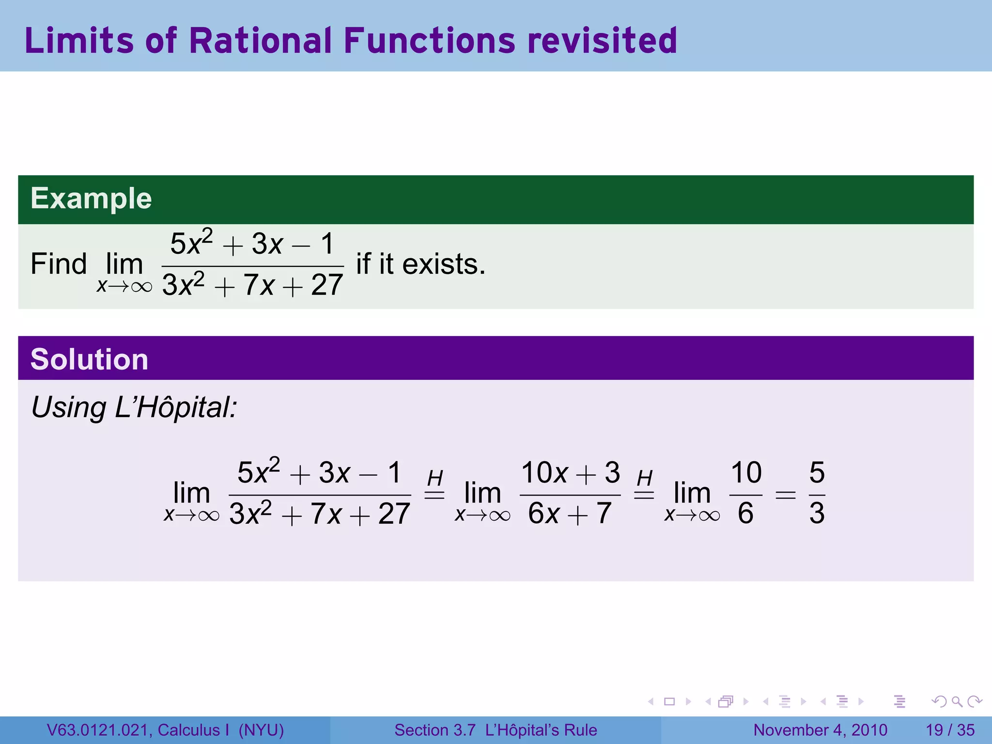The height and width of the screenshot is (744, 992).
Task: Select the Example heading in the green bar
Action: coord(91,199)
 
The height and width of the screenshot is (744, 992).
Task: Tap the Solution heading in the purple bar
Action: coord(89,359)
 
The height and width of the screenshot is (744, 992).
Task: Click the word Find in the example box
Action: coord(59,264)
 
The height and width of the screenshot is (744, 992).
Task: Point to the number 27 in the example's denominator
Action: coord(327,285)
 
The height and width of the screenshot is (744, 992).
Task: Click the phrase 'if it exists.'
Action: coord(420,264)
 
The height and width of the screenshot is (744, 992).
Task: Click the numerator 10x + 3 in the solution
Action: coord(570,472)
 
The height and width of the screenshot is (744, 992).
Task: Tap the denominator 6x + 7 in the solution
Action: coord(570,513)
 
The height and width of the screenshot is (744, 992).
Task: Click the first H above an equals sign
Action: coord(435,479)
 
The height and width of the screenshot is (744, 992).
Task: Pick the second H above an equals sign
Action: coord(644,479)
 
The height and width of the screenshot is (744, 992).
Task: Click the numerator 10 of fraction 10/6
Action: coord(746,472)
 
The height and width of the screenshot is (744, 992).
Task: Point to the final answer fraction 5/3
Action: coord(817,493)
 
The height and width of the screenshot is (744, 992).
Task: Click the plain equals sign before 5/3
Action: coord(785,495)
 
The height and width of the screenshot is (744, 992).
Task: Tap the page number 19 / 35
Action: coord(950,730)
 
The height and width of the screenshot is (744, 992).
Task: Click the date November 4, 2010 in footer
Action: coord(820,730)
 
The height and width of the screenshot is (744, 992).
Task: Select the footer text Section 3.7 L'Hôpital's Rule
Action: coord(496,730)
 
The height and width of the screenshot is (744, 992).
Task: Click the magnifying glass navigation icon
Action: coord(957,701)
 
